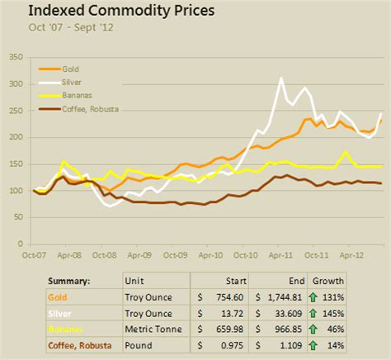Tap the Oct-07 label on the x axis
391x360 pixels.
coord(34,256)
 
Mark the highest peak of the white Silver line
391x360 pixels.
coord(281,78)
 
